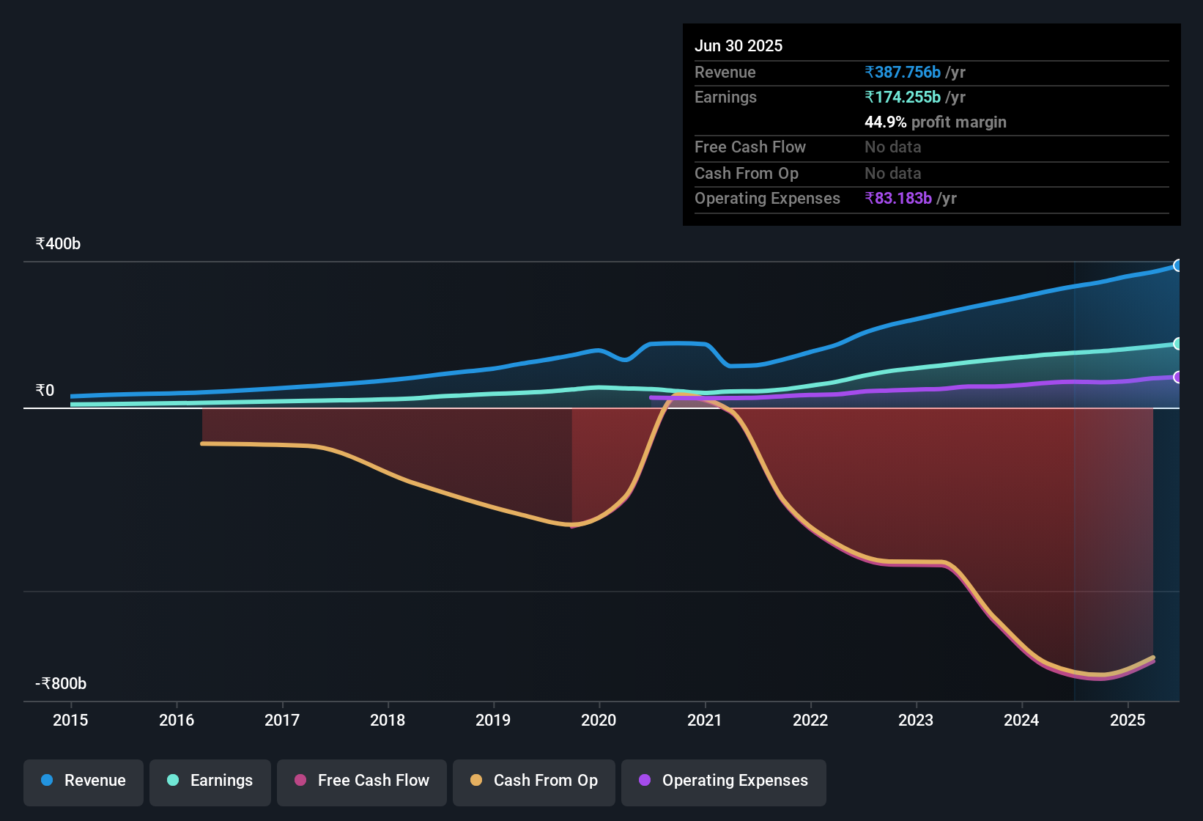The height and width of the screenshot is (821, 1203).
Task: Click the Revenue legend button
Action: (x=84, y=781)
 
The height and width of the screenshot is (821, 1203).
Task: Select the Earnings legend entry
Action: (x=210, y=781)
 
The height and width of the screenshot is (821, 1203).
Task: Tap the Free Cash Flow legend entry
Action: (x=362, y=781)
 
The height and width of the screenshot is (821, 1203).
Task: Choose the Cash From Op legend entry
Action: (x=534, y=781)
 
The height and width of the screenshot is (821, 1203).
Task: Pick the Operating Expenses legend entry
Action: (x=724, y=781)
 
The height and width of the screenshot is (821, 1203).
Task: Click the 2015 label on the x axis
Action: (x=70, y=721)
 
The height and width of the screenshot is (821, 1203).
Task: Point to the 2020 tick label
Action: (x=599, y=721)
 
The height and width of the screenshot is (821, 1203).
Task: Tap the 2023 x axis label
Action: (x=916, y=721)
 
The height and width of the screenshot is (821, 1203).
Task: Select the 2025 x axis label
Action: (x=1127, y=721)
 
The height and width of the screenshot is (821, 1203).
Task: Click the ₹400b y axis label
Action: (x=58, y=244)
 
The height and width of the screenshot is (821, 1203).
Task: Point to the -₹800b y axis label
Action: (x=61, y=684)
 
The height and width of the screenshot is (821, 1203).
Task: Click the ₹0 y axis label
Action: (x=45, y=391)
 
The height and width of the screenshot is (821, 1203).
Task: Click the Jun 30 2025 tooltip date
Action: (x=739, y=46)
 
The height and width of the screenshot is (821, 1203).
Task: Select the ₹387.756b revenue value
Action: (x=903, y=73)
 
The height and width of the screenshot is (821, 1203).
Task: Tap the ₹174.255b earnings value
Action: (x=903, y=97)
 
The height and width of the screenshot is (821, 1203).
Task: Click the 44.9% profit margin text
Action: (x=935, y=122)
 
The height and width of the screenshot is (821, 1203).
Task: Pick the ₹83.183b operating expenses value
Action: (x=898, y=199)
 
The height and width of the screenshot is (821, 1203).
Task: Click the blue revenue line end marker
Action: (x=1177, y=265)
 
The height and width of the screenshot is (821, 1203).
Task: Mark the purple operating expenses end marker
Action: (x=1177, y=378)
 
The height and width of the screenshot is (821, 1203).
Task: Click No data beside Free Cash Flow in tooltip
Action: (x=892, y=147)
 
